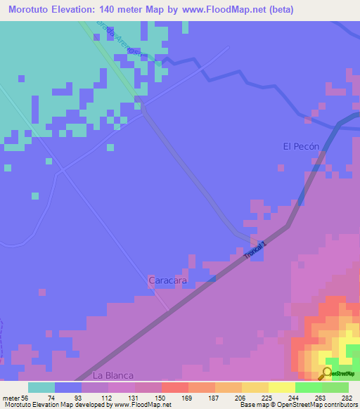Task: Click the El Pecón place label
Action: (x=301, y=146)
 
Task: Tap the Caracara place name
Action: (x=167, y=280)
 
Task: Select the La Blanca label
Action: (x=113, y=375)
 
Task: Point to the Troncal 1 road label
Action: (x=257, y=249)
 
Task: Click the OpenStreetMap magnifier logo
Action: (x=327, y=372)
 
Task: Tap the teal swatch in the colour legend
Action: (x=41, y=387)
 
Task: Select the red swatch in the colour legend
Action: (x=175, y=387)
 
